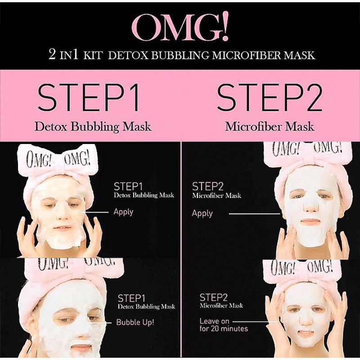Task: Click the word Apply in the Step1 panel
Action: pos(123,211)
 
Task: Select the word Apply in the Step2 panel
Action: pos(202,213)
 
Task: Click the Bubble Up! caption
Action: pos(135,322)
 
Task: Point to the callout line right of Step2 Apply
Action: pos(254,214)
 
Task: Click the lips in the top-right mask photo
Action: pos(310,222)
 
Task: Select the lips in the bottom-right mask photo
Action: pos(306,333)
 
